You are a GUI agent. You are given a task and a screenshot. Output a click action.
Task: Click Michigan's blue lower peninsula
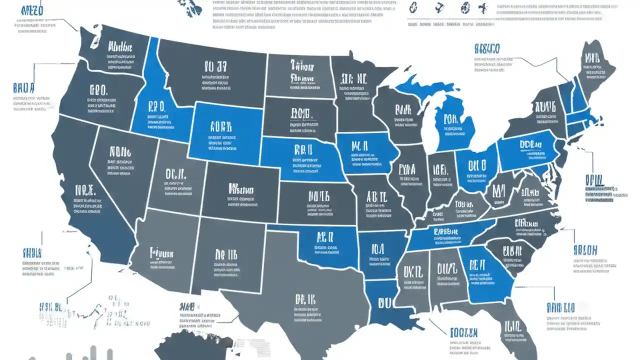click(x=452, y=122)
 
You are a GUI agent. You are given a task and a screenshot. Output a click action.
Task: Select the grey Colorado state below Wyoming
click(x=240, y=192)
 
